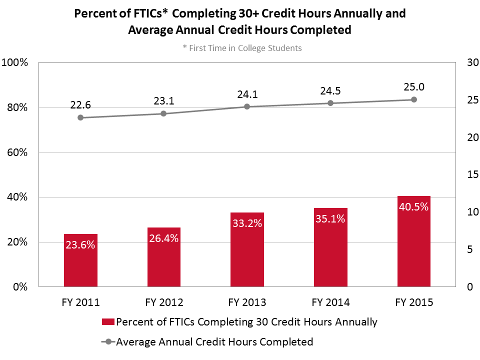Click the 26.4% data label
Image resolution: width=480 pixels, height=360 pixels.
[163, 238]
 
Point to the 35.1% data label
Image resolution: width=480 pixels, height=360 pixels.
[330, 218]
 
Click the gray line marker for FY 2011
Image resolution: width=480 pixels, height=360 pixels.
[80, 117]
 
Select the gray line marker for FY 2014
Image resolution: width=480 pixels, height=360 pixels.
[330, 103]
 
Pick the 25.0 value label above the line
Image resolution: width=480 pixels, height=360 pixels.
[413, 87]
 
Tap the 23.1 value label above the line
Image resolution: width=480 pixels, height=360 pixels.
[163, 101]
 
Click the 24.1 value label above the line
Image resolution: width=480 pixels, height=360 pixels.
[247, 94]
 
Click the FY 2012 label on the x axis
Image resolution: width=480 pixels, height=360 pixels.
[163, 302]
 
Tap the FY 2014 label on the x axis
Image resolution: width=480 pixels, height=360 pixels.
[330, 302]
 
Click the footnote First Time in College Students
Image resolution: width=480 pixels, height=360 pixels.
[242, 48]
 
